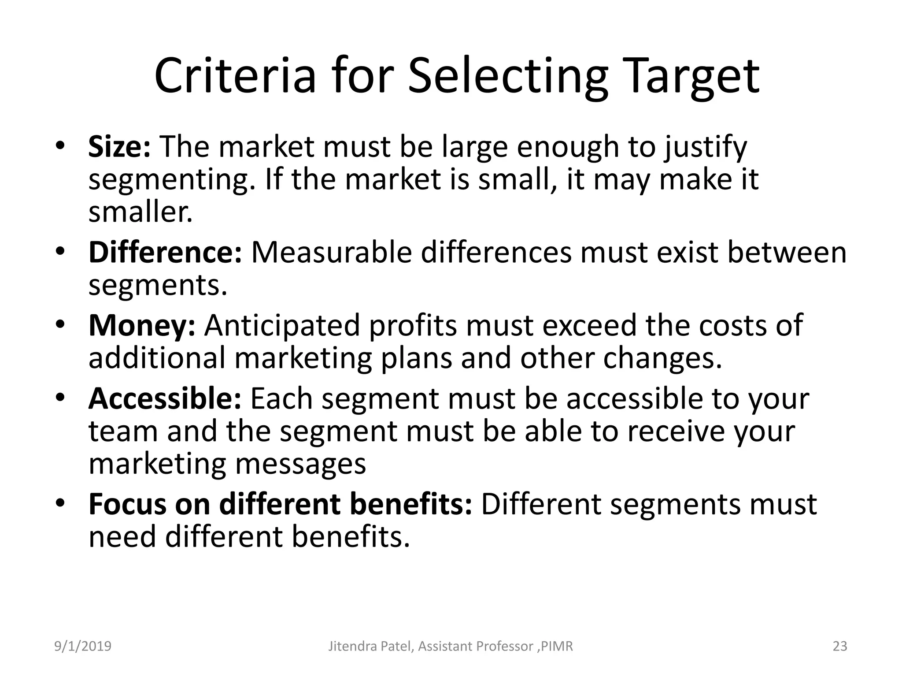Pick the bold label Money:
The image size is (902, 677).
coord(142,325)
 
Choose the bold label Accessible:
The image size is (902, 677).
coord(165,398)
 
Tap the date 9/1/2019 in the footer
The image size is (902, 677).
coord(83,646)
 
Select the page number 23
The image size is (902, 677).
coord(840,646)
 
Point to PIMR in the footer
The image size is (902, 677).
coord(557,646)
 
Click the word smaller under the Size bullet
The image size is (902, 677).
coord(140,212)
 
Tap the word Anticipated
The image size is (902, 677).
coord(282,325)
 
